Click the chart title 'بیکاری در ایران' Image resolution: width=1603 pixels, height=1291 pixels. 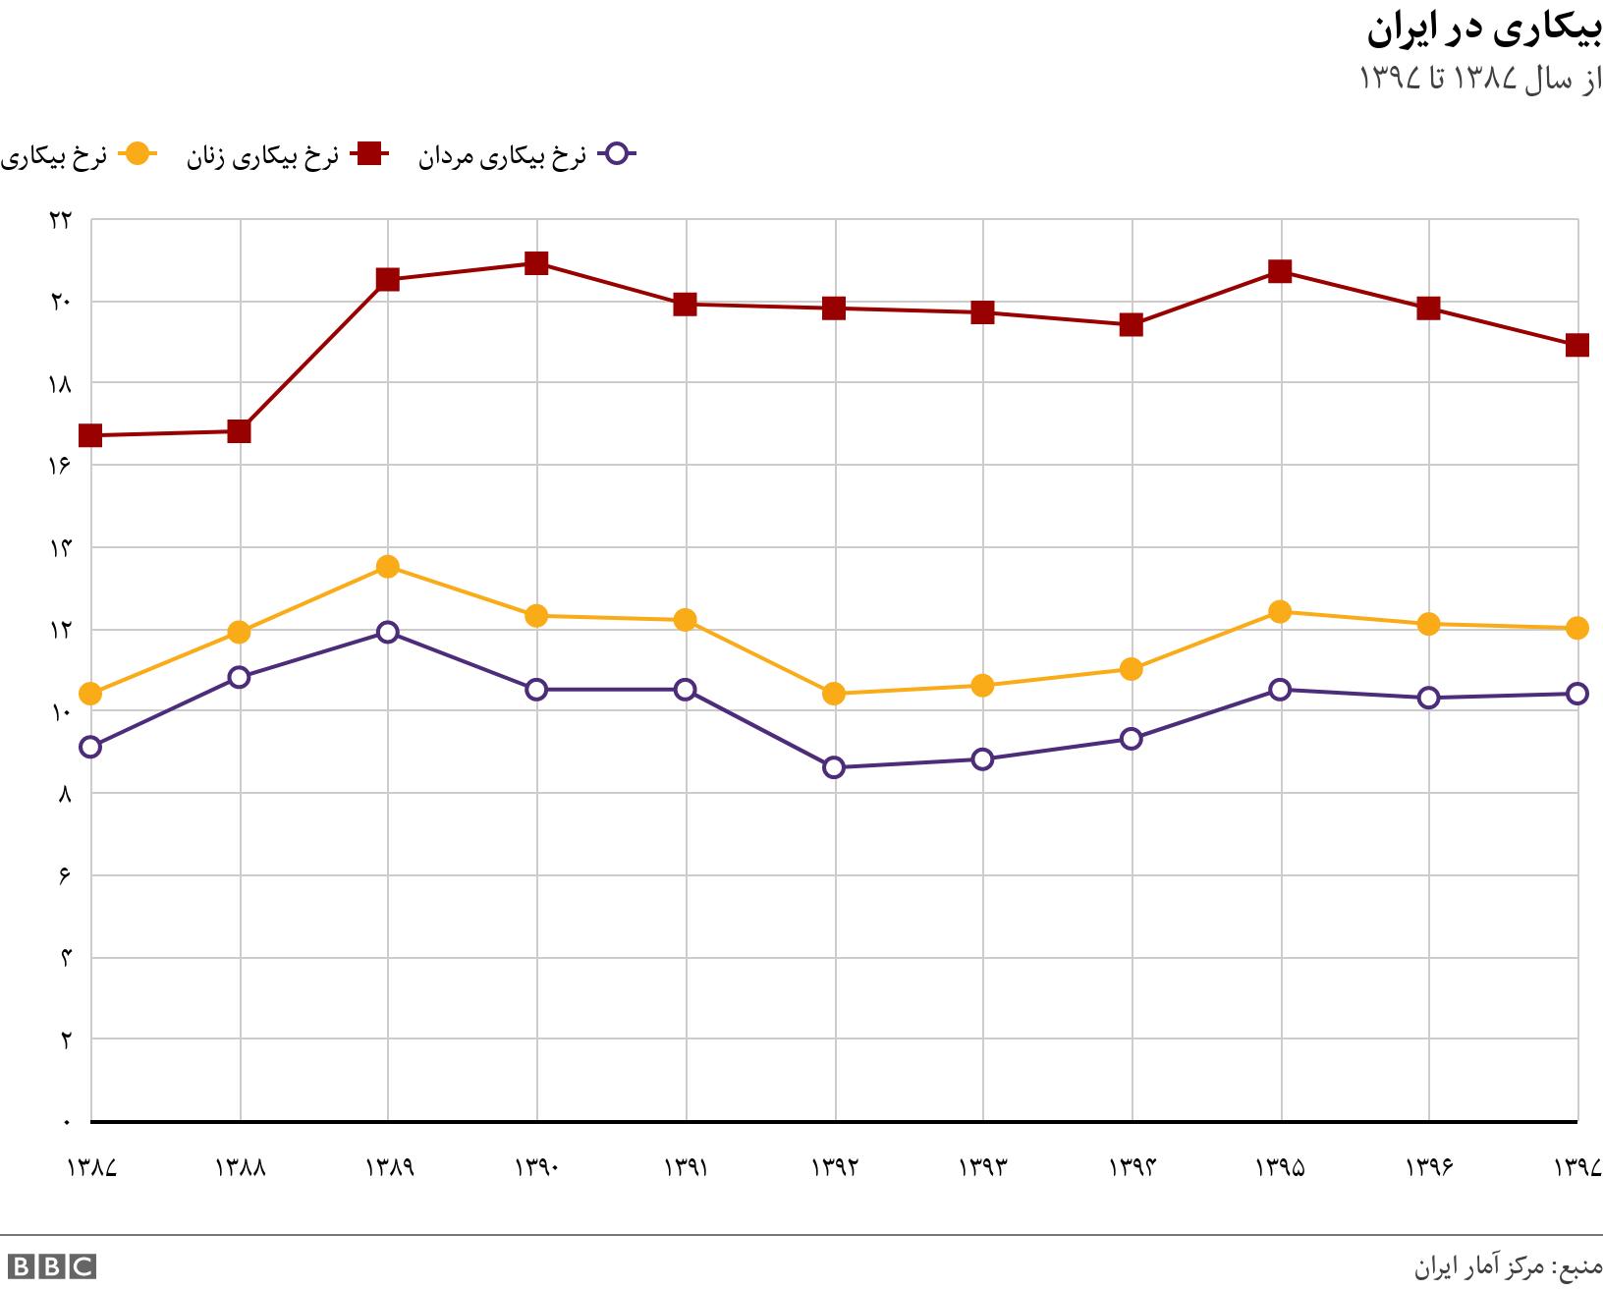1483,31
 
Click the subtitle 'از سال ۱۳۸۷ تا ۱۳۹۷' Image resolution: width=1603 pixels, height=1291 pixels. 1480,80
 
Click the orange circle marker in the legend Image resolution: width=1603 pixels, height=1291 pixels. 138,154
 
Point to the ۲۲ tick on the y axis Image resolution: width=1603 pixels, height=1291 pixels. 60,220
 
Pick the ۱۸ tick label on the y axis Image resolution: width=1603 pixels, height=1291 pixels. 60,384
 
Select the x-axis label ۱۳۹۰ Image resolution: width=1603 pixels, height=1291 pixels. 536,1167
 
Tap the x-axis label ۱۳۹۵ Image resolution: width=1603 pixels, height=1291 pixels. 1280,1167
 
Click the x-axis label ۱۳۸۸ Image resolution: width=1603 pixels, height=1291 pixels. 240,1167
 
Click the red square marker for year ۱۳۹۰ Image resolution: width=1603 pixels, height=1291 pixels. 536,263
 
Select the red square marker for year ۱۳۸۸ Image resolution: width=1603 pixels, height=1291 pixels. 239,431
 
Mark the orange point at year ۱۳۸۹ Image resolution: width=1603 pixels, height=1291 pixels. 387,567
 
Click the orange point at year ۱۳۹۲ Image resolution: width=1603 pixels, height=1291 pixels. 834,694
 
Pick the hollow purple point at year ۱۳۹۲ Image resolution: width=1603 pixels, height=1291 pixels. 834,767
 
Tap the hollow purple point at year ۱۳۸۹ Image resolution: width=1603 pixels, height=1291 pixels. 387,632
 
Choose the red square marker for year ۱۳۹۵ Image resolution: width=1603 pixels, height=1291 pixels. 1280,271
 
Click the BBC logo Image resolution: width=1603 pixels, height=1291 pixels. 51,1266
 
